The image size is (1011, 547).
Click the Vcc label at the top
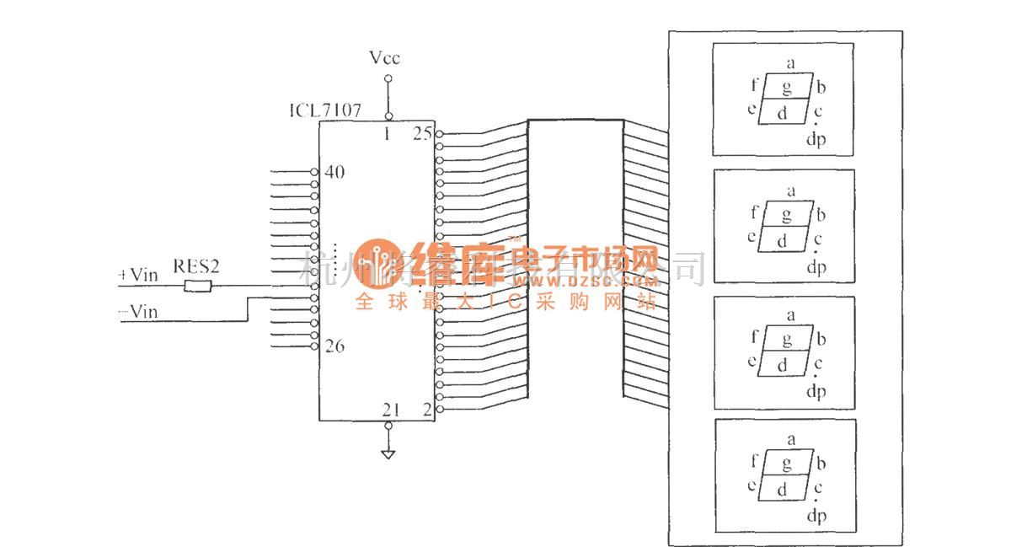tap(384, 58)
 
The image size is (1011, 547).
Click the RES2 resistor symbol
tap(198, 287)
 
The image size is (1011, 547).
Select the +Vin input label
tap(139, 275)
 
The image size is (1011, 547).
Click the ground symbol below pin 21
tap(388, 454)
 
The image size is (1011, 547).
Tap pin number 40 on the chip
tap(334, 173)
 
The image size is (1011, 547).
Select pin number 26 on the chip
tap(334, 346)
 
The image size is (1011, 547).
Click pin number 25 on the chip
tap(422, 134)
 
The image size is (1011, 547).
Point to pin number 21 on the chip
tap(390, 410)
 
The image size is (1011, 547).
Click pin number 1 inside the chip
tap(387, 133)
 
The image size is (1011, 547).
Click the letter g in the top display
tap(787, 88)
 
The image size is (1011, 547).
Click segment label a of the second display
tap(790, 191)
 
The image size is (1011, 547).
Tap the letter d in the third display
tap(782, 366)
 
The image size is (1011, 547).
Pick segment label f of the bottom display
tap(754, 462)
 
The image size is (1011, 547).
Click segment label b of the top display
tap(821, 87)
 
